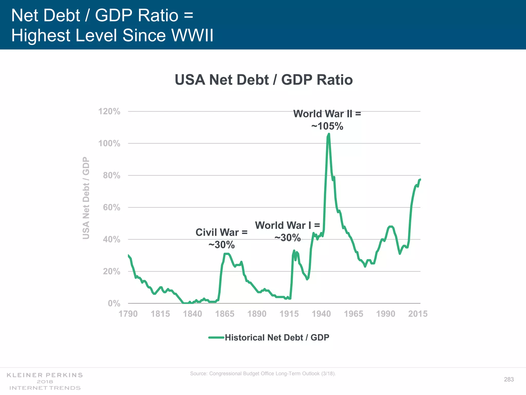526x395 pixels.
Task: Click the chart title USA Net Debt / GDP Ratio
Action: pyautogui.click(x=264, y=80)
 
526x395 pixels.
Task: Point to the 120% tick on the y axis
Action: pyautogui.click(x=109, y=111)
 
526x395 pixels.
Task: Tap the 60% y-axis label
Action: pyautogui.click(x=111, y=207)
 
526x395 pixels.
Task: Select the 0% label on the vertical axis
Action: pyautogui.click(x=114, y=303)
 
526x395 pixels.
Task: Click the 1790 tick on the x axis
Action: pyautogui.click(x=128, y=314)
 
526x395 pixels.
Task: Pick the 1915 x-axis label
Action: pyautogui.click(x=289, y=314)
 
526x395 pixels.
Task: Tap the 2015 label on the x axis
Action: pyautogui.click(x=418, y=314)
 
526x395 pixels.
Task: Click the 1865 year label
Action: pyautogui.click(x=225, y=314)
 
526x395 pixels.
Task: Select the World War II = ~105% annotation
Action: pyautogui.click(x=327, y=120)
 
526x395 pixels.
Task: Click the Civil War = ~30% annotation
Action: pyautogui.click(x=221, y=238)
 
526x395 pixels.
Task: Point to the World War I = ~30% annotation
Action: pyautogui.click(x=287, y=231)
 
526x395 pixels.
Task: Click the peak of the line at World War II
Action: pyautogui.click(x=329, y=134)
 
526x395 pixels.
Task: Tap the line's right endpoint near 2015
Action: pyautogui.click(x=420, y=179)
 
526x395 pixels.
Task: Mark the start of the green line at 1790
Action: pyautogui.click(x=128, y=255)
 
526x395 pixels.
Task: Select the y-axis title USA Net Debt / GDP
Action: pyautogui.click(x=86, y=198)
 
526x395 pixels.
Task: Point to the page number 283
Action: pyautogui.click(x=509, y=379)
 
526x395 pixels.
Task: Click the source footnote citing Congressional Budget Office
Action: pyautogui.click(x=263, y=373)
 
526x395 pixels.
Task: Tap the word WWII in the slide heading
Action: pyautogui.click(x=192, y=35)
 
